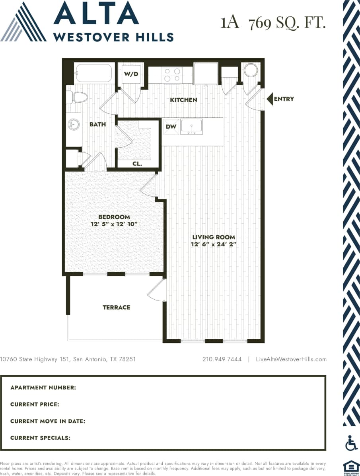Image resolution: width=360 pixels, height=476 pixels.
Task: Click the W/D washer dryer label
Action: [131, 74]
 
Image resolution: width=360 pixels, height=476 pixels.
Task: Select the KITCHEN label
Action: [183, 100]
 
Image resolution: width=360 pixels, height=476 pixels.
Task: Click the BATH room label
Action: [97, 124]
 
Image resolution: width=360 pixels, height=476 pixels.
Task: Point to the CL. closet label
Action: [137, 164]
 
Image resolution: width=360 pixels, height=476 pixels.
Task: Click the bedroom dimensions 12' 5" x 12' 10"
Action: [114, 224]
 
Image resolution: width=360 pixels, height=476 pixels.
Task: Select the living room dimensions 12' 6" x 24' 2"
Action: [214, 244]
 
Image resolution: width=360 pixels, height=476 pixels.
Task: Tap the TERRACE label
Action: [116, 307]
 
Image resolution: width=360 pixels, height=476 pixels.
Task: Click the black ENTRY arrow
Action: [269, 99]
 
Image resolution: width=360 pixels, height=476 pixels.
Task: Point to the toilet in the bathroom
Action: [78, 97]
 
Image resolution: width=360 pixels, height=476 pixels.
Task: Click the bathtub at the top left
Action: [94, 73]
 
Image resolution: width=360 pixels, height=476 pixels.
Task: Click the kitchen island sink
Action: [191, 127]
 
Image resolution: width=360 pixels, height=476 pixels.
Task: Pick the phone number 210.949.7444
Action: [222, 359]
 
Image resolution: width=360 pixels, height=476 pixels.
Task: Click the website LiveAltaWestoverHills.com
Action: [291, 359]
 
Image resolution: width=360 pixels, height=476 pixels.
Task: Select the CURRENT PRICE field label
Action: [35, 404]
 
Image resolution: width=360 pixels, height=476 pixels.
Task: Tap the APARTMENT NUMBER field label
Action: [43, 388]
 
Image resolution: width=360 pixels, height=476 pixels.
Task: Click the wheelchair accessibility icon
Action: [351, 443]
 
